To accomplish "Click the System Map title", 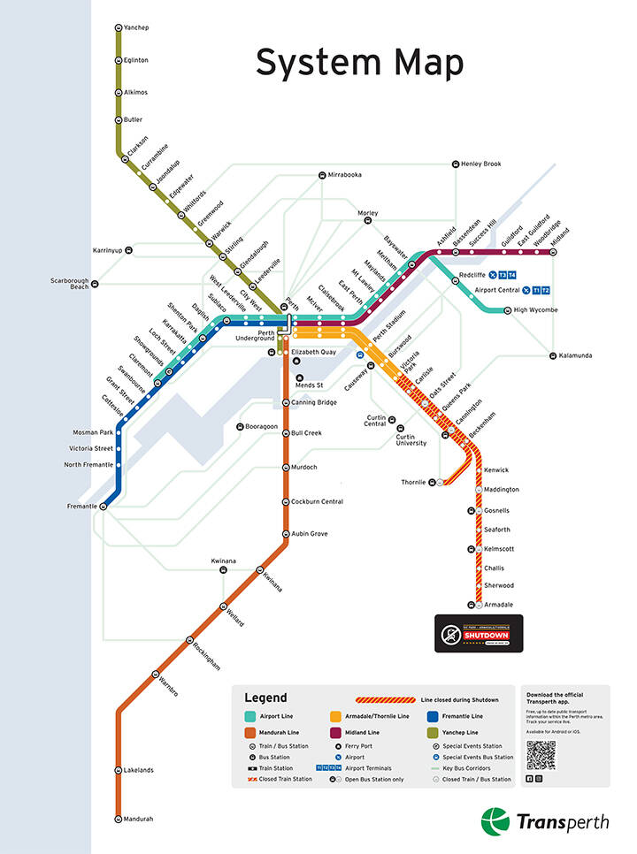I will coord(359,64).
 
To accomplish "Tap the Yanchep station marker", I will coord(119,28).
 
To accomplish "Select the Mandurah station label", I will coord(137,819).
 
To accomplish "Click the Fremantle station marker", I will coord(104,507).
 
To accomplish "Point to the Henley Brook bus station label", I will coord(481,164).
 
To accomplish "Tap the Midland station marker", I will coord(554,251).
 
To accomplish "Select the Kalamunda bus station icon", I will coord(551,356).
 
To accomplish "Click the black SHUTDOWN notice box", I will coord(479,634).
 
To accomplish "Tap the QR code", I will coord(541,755).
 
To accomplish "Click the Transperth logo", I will coord(545,821).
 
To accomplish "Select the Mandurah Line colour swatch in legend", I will coord(250,733).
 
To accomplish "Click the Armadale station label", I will coord(499,605).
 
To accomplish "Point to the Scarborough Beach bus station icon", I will coord(96,284).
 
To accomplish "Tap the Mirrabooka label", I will coord(344,175).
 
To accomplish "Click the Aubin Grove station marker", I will coord(286,534).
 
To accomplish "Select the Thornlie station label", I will coord(413,483).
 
